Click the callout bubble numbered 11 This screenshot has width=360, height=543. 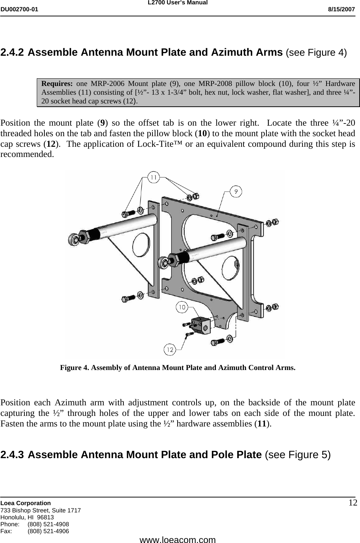coord(154,177)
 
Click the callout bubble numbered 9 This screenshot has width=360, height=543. coord(236,191)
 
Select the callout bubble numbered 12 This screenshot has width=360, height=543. coord(170,350)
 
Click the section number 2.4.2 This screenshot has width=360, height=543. coord(13,52)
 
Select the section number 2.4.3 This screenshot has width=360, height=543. coord(13,455)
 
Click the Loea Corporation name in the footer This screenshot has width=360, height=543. coord(26,503)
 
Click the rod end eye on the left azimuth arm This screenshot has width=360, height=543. coord(74,239)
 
